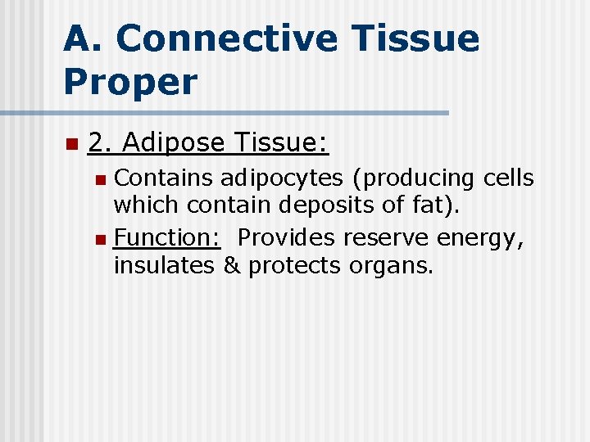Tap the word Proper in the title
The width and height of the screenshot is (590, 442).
(x=130, y=82)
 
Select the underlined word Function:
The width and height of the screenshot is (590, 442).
(x=167, y=238)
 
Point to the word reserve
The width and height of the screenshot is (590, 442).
(x=386, y=238)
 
